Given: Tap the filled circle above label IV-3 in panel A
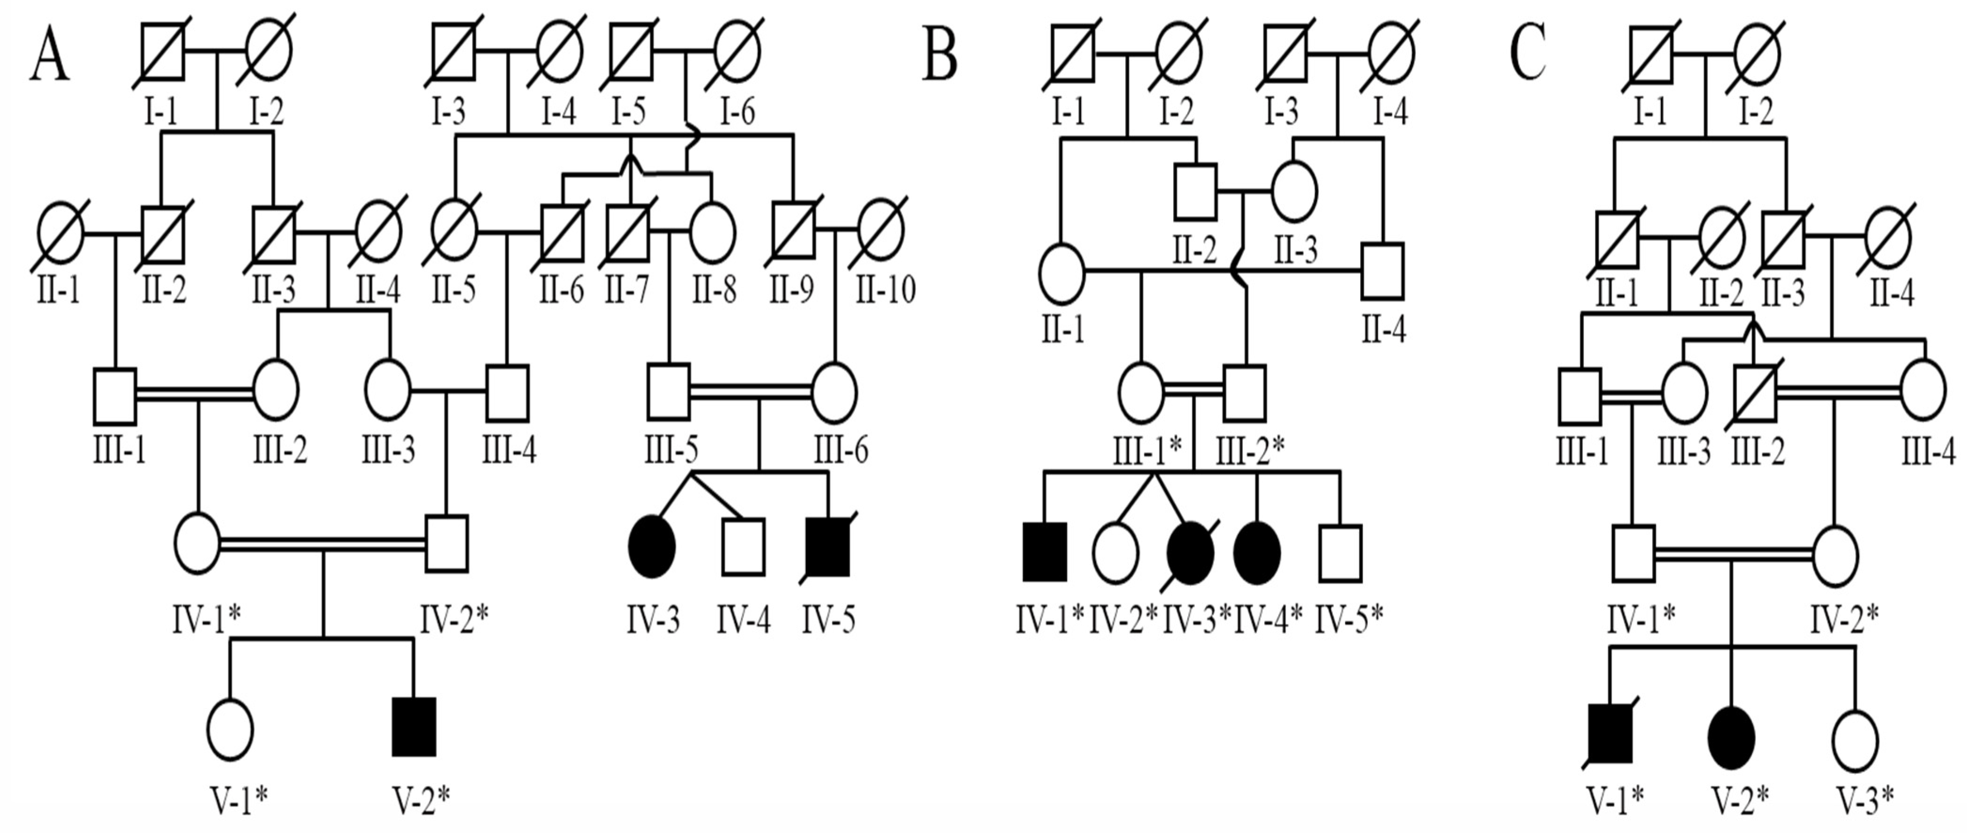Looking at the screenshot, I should point(651,546).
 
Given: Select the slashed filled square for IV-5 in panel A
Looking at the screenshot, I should point(828,546).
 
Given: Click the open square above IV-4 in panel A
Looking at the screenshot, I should point(743,546).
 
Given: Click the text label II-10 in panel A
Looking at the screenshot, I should point(886,290).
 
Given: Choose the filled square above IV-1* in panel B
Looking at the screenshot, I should point(1045,551).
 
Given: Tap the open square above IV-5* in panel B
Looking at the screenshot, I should point(1340,551).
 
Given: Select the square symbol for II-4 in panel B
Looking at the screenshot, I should point(1383,270).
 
